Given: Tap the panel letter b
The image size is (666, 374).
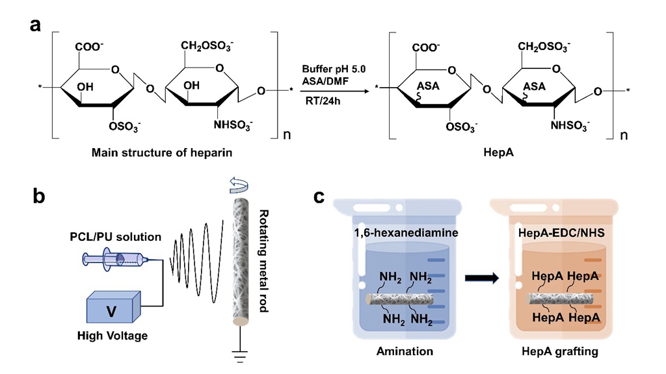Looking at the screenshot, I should point(38,195).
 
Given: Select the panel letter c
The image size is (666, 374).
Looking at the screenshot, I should point(321,197).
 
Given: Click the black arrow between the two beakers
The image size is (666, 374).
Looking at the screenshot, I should point(482,279).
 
